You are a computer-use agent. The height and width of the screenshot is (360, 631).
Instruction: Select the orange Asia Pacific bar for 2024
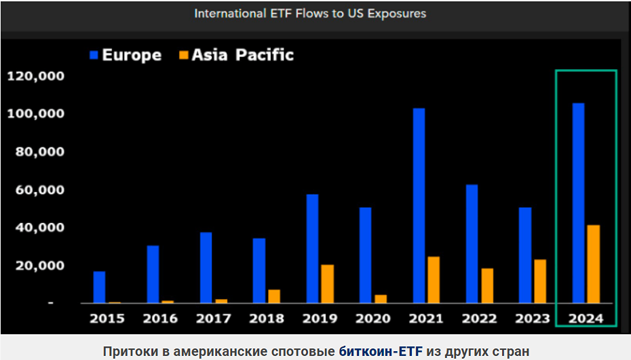[x=593, y=264]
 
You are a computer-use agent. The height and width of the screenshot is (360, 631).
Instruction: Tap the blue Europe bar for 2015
[x=99, y=287]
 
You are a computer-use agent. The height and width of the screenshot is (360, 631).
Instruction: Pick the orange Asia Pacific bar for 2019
[x=327, y=283]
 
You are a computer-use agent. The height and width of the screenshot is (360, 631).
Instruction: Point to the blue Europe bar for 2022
[x=472, y=243]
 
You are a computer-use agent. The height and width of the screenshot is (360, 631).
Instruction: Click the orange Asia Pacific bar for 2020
[x=380, y=298]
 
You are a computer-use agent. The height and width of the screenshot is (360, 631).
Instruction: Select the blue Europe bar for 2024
[x=578, y=203]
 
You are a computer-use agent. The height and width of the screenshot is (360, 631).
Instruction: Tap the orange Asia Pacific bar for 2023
[x=539, y=281]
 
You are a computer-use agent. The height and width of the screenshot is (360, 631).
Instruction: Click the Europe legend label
[x=132, y=55]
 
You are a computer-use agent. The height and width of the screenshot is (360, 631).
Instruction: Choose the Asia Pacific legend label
[x=243, y=55]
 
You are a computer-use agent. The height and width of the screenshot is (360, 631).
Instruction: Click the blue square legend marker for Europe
[x=94, y=55]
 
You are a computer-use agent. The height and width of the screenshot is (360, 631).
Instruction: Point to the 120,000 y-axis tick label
[x=35, y=76]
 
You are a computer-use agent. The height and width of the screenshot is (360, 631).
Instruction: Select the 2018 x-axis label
[x=266, y=318]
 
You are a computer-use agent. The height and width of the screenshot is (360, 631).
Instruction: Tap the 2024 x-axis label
[x=585, y=318]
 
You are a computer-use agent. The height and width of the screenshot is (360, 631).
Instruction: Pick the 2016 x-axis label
[x=160, y=318]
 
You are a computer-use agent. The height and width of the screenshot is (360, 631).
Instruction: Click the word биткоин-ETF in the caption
[x=380, y=351]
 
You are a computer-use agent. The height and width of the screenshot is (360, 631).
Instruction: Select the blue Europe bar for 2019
[x=312, y=248]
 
